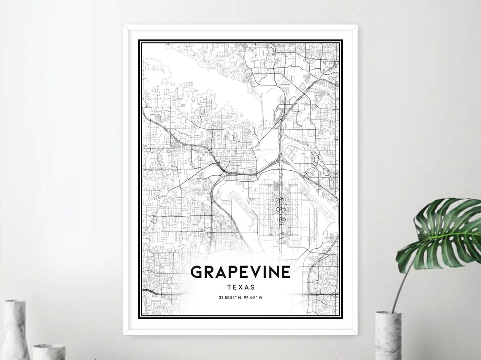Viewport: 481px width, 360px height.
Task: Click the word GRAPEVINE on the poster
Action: tap(240, 272)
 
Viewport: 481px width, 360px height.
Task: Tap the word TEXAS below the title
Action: tap(240, 288)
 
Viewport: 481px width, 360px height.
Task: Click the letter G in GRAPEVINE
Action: tap(197, 272)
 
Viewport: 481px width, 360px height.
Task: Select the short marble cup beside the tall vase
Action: tap(49, 352)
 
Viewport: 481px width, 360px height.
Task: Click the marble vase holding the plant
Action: tap(388, 336)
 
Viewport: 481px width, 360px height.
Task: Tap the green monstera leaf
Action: tap(443, 232)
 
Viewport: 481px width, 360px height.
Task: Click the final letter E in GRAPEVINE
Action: tap(286, 272)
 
